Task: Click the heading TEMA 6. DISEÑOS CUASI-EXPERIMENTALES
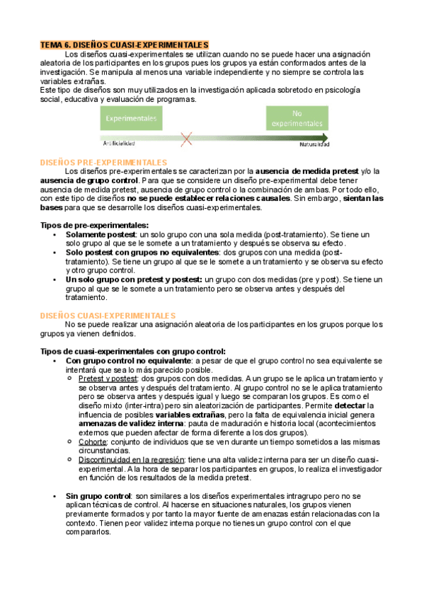124,45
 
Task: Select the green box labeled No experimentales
297,118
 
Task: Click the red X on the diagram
187,139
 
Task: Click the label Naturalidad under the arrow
312,144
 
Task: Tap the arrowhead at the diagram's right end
324,137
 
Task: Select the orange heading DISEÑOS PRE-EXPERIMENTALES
103,162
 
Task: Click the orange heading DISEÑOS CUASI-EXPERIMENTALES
107,315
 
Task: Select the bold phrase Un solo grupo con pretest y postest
134,279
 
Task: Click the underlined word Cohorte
93,442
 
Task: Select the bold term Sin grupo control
98,497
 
